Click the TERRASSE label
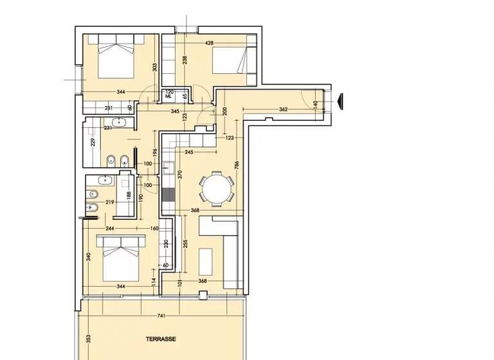pyautogui.click(x=160, y=338)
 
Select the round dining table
pyautogui.click(x=215, y=189)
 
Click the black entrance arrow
pyautogui.click(x=341, y=101)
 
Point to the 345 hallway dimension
pyautogui.click(x=174, y=111)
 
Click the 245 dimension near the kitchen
pyautogui.click(x=189, y=152)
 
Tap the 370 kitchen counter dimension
pyautogui.click(x=180, y=173)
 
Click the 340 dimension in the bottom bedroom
pyautogui.click(x=88, y=257)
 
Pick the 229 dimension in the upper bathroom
pyautogui.click(x=93, y=142)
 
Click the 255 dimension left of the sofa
pyautogui.click(x=185, y=244)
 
